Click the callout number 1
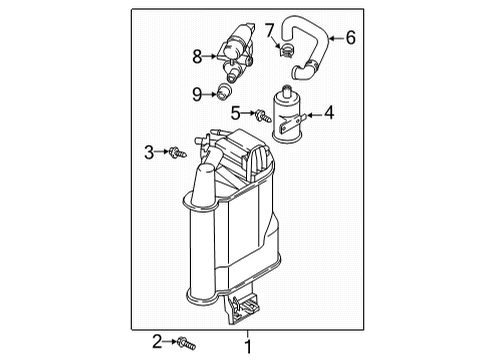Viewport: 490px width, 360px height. click(248, 347)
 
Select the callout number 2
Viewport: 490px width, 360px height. click(157, 342)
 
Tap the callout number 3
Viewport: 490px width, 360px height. click(149, 152)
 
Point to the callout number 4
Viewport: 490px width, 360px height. click(329, 113)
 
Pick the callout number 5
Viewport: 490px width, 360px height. click(235, 113)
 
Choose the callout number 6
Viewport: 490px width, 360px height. click(351, 37)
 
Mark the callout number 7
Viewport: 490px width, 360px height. click(269, 30)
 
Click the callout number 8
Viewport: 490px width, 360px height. click(197, 56)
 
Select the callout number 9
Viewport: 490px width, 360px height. click(197, 94)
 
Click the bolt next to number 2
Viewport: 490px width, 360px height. click(186, 343)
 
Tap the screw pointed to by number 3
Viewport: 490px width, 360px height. click(178, 152)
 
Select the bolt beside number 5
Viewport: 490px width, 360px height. click(263, 115)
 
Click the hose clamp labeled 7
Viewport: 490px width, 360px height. click(286, 50)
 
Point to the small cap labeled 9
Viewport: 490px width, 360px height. click(224, 91)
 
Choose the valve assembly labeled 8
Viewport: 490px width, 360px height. click(235, 50)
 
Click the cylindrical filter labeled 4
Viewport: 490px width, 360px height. click(287, 115)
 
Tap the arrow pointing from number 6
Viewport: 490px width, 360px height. click(336, 38)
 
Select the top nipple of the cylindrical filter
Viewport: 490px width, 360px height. click(286, 90)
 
